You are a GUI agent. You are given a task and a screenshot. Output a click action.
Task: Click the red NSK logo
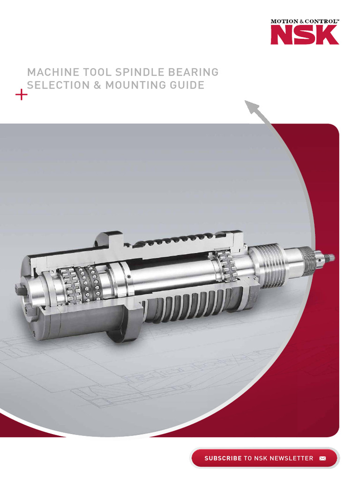(304, 35)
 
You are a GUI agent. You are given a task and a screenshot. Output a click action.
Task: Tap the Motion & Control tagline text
(304, 21)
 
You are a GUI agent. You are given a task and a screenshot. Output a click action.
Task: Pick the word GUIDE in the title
(187, 85)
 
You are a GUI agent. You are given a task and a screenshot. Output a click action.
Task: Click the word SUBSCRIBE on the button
(223, 458)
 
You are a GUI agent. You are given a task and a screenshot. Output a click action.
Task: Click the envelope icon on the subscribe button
(322, 458)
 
